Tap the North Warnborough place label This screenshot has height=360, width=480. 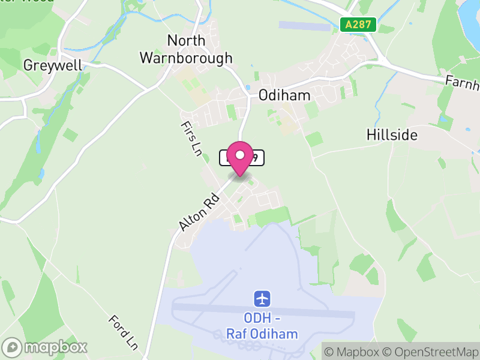[186, 49]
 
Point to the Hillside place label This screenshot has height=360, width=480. [392, 134]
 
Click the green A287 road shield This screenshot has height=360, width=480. [358, 25]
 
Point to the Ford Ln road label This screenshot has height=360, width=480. [124, 332]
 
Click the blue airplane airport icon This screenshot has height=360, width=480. [262, 298]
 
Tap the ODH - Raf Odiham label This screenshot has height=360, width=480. [262, 325]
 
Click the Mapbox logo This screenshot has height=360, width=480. [46, 347]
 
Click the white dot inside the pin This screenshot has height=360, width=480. [240, 155]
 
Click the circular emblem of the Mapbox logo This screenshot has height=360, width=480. [13, 347]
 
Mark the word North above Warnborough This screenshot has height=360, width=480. [186, 41]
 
